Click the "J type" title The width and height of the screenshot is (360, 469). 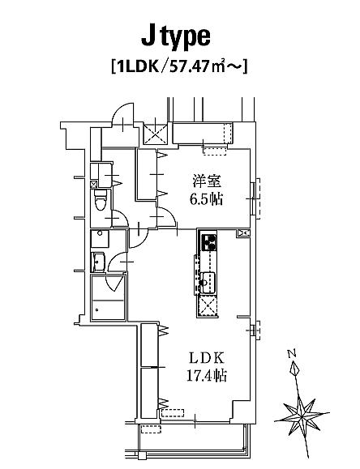tap(176, 38)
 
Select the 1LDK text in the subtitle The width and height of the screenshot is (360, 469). tap(138, 67)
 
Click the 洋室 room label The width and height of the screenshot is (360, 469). tap(207, 181)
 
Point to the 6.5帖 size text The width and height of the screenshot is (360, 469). tap(207, 199)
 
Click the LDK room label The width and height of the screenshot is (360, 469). tap(207, 358)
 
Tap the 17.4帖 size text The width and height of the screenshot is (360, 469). tap(207, 375)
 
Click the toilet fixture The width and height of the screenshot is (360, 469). tap(100, 200)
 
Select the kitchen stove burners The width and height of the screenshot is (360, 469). tap(210, 242)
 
